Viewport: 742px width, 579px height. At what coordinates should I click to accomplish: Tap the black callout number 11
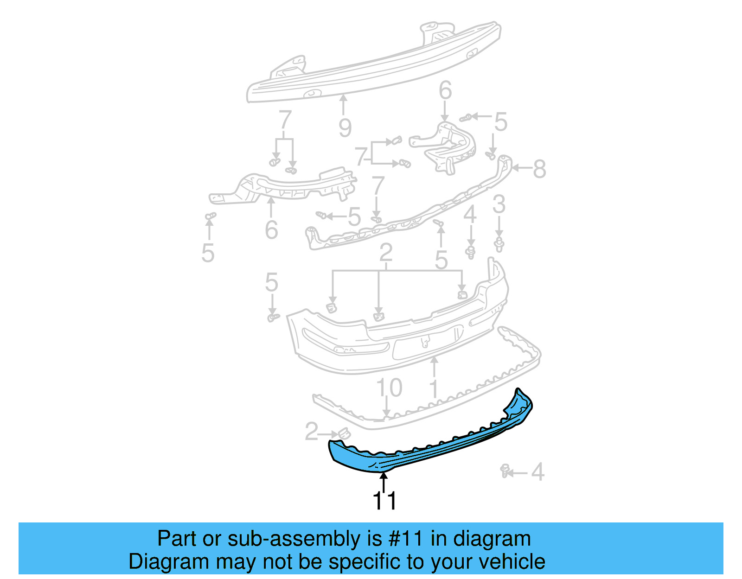coord(384,501)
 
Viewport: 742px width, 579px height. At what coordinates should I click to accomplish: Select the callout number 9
coord(345,127)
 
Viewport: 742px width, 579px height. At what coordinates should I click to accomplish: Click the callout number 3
coord(499,204)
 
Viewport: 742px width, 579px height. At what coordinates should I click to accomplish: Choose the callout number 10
coord(389,388)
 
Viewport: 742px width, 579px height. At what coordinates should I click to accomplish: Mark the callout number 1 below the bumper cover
coord(434,388)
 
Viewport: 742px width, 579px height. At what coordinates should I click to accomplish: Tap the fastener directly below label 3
coord(499,244)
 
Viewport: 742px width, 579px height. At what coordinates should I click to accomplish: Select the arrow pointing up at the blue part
coord(384,480)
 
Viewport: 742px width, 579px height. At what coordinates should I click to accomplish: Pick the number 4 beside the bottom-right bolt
coord(537,472)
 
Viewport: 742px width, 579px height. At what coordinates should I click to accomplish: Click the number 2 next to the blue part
coord(311,432)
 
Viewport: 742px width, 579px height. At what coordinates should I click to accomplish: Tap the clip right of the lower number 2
coord(344,433)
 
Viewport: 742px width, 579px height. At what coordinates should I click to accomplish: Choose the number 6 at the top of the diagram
coord(445,90)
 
